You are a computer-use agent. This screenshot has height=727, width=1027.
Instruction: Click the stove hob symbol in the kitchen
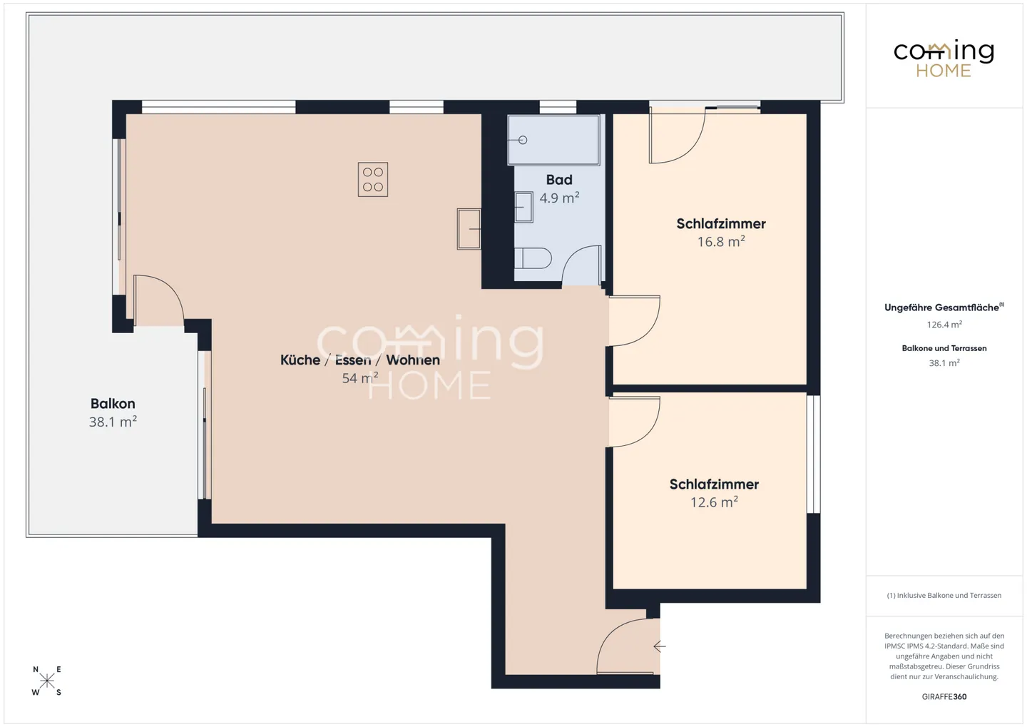click(x=372, y=179)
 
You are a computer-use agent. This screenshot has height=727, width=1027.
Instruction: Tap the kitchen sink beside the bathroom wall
click(x=469, y=228)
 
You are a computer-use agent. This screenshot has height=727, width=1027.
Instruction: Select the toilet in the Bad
click(x=533, y=258)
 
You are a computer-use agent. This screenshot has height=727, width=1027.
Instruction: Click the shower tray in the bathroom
click(x=553, y=140)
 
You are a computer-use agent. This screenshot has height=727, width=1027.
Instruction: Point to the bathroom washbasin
click(x=523, y=207)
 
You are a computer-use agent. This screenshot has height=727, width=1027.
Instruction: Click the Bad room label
click(x=559, y=180)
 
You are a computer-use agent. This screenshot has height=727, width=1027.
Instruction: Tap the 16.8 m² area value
click(x=720, y=242)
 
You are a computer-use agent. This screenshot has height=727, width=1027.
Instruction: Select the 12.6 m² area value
click(x=713, y=502)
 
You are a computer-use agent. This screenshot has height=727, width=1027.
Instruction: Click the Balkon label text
click(x=113, y=403)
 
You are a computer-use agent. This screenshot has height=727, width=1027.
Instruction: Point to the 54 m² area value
click(x=359, y=378)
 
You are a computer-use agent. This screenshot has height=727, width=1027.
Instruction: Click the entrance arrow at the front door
click(x=660, y=646)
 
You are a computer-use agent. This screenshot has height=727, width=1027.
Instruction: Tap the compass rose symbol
click(x=47, y=681)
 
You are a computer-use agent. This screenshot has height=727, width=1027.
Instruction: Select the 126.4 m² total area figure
click(x=944, y=325)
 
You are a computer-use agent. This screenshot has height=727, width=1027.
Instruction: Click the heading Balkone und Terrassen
click(x=944, y=348)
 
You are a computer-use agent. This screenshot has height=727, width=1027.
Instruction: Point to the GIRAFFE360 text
click(x=944, y=696)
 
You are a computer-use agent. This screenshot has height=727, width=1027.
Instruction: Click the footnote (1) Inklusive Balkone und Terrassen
click(x=944, y=595)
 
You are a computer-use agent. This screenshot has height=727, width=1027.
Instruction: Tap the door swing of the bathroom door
click(x=582, y=265)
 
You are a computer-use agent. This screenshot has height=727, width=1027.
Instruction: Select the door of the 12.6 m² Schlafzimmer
click(x=633, y=422)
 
